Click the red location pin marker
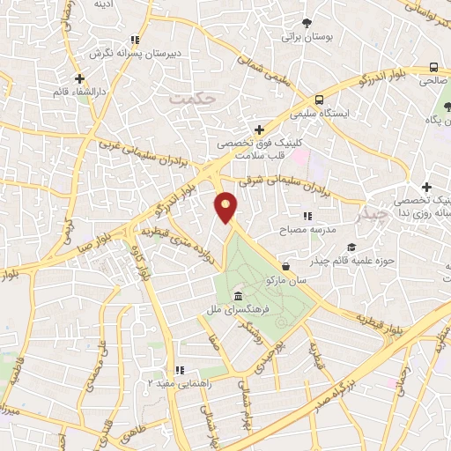click(x=226, y=207)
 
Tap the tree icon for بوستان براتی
click(x=307, y=24)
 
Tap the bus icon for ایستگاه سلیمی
click(x=319, y=100)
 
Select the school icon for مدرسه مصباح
click(x=307, y=215)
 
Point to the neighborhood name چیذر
click(x=372, y=214)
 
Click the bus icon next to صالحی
click(x=433, y=67)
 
